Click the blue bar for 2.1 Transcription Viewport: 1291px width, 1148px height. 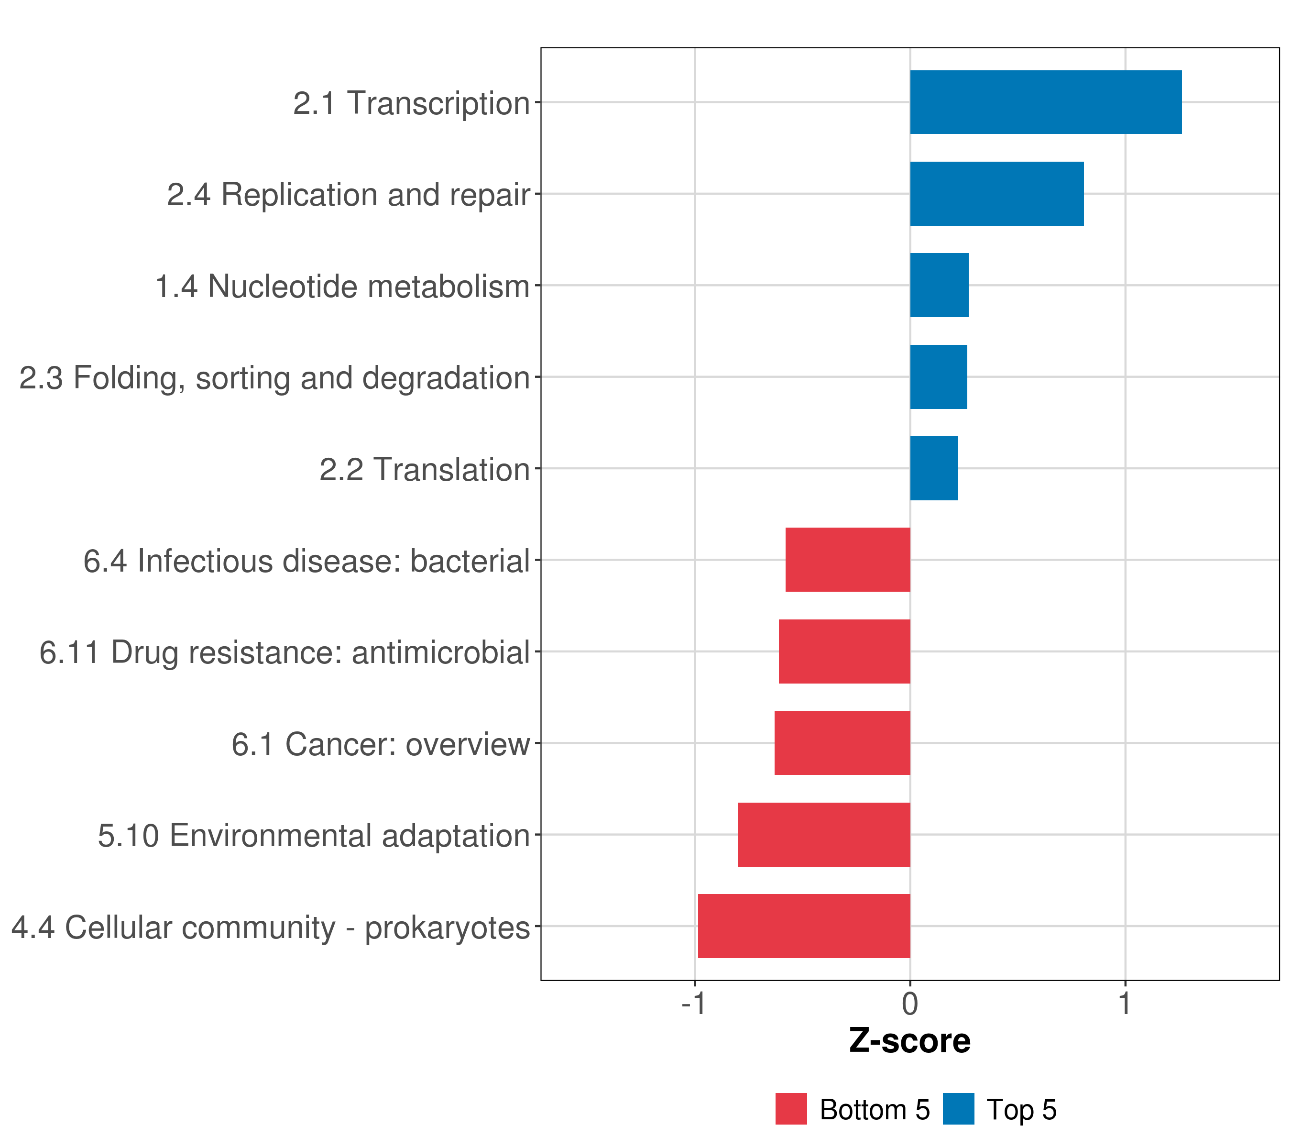click(x=1045, y=102)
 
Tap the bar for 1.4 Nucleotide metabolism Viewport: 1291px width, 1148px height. click(x=939, y=285)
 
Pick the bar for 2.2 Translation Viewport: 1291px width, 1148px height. click(x=933, y=468)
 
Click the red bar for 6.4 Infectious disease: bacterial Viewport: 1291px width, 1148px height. click(x=848, y=560)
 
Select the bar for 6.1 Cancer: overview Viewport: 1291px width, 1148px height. click(x=842, y=743)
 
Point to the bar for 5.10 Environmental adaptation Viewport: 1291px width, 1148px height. click(x=824, y=835)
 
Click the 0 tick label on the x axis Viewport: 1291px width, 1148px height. click(x=909, y=1004)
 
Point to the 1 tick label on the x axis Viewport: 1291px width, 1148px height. click(x=1124, y=1004)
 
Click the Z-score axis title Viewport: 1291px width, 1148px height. click(x=909, y=1040)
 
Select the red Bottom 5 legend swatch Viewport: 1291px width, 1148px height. click(x=791, y=1109)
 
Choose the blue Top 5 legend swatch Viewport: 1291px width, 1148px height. click(x=958, y=1109)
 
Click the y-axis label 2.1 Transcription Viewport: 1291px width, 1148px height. click(x=411, y=103)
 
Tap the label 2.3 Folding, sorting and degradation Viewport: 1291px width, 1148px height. click(x=274, y=378)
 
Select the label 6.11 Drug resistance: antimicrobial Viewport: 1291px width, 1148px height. click(x=284, y=652)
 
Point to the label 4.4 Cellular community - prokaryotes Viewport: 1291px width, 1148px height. click(x=270, y=927)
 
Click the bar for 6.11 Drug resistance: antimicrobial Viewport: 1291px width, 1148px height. click(x=844, y=651)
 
